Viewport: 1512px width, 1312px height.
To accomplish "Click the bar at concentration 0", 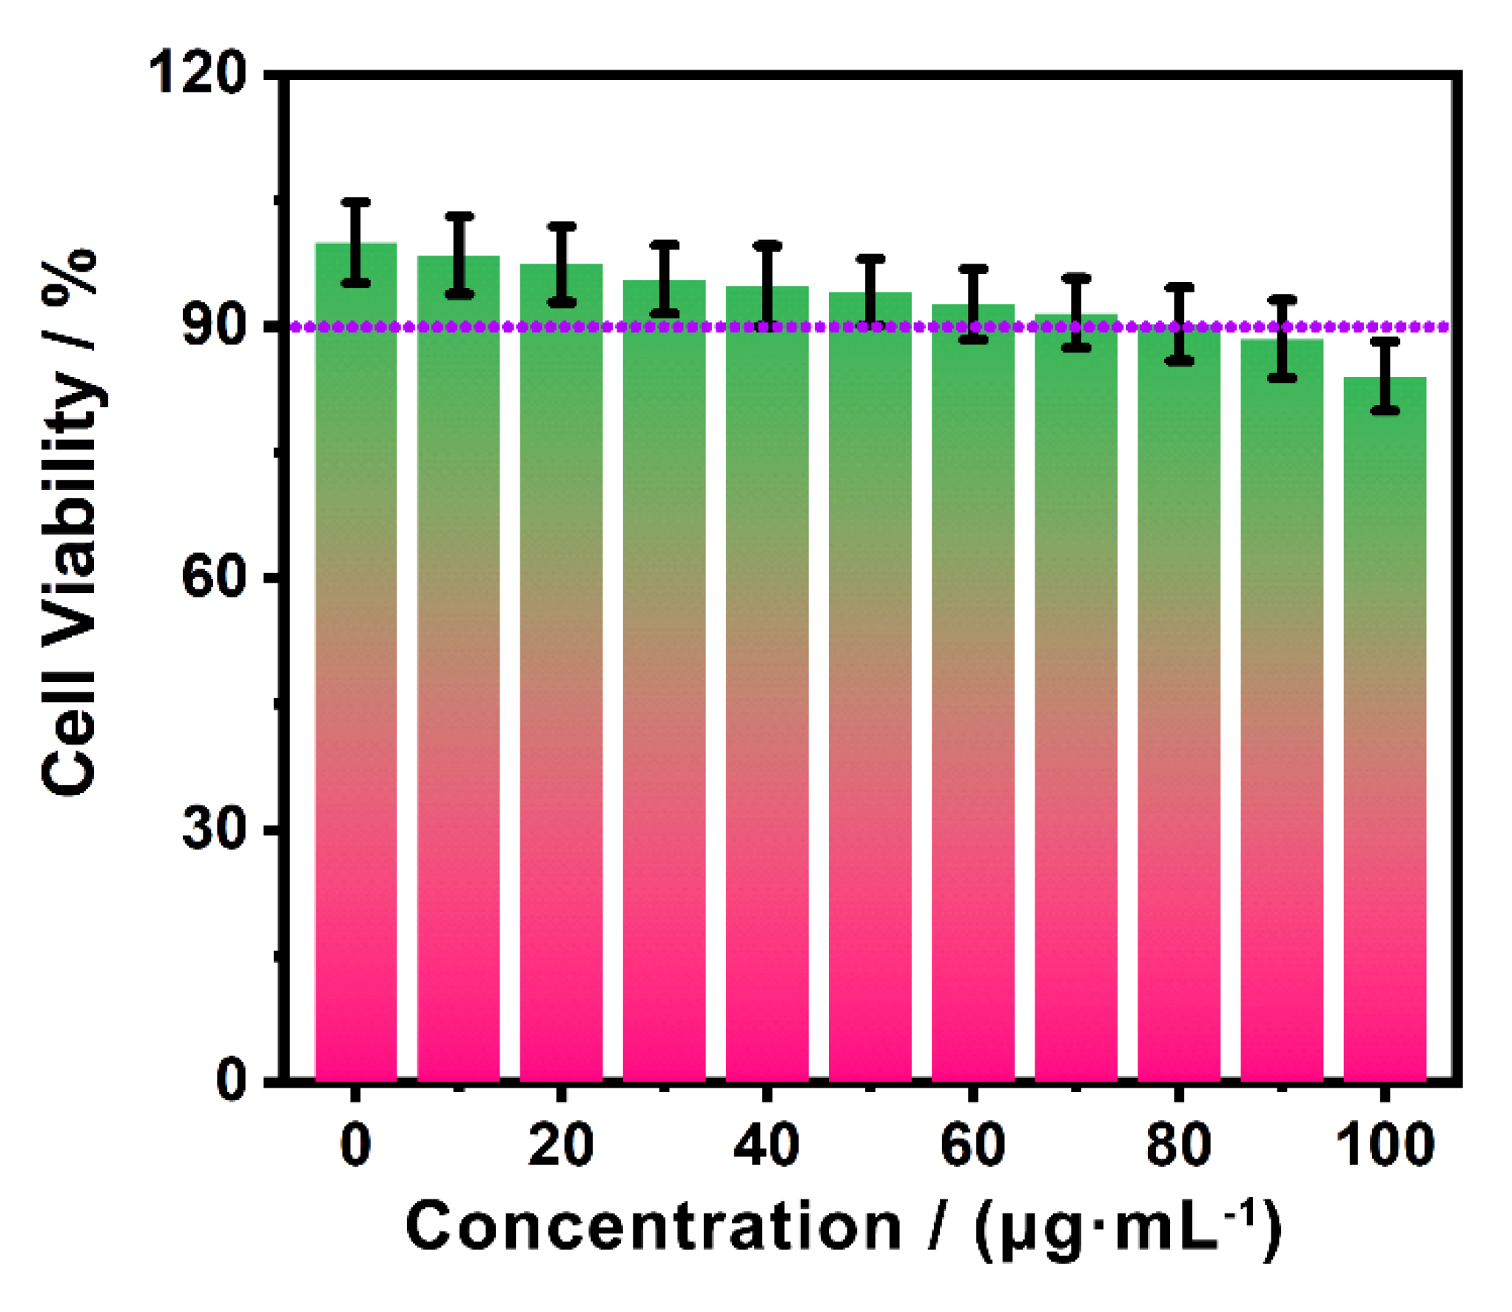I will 356,666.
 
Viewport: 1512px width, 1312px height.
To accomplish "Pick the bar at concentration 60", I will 973,696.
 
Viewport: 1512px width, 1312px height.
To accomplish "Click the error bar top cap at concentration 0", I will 356,201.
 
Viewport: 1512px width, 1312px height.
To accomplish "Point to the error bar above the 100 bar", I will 1385,375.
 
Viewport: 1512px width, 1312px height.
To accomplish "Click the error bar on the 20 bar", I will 562,264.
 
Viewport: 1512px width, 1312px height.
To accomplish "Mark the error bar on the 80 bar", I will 1179,324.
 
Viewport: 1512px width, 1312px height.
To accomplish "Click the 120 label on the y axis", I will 197,74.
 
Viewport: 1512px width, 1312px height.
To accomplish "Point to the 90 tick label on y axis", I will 214,326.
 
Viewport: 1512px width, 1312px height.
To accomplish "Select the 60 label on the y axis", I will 214,578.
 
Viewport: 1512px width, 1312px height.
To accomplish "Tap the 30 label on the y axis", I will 214,829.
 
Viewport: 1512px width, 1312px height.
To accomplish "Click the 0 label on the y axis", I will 232,1080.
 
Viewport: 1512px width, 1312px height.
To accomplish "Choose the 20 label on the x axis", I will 561,1145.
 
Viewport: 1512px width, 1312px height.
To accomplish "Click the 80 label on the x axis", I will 1179,1145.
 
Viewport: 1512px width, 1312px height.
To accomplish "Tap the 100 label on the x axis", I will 1385,1145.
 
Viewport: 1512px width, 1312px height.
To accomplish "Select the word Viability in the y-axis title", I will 70,511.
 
